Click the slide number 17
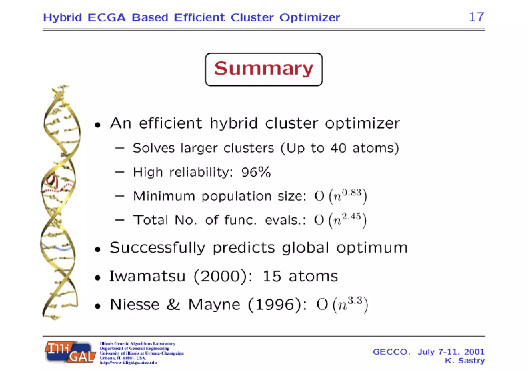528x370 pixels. (476, 17)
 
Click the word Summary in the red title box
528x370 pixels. (263, 69)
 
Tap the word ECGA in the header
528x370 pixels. (106, 18)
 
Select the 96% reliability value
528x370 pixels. (256, 172)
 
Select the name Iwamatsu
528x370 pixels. (147, 276)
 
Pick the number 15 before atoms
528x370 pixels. (272, 276)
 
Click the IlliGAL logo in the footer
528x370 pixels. (70, 352)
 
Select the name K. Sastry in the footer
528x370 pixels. (465, 360)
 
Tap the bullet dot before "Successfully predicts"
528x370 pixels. (97, 249)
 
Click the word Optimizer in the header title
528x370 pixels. (310, 18)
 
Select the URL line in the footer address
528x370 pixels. (128, 363)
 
